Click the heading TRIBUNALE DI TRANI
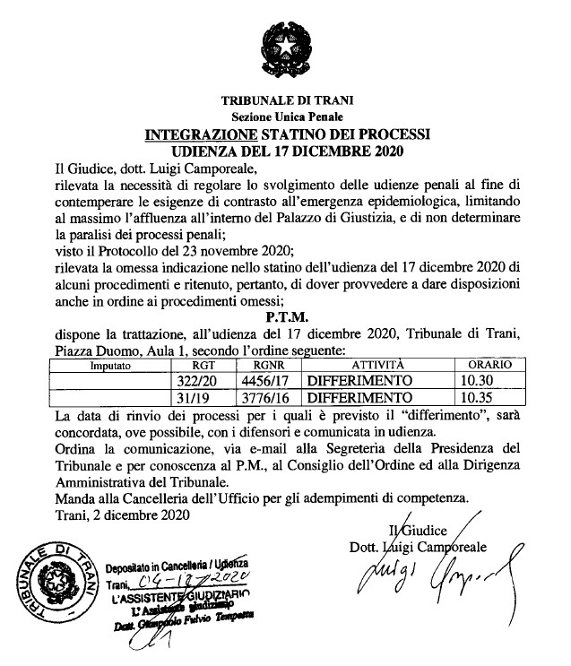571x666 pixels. pyautogui.click(x=284, y=100)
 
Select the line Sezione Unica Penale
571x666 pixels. pyautogui.click(x=284, y=117)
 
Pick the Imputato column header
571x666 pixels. pyautogui.click(x=111, y=367)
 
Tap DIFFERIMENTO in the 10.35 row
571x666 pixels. pyautogui.click(x=359, y=398)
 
